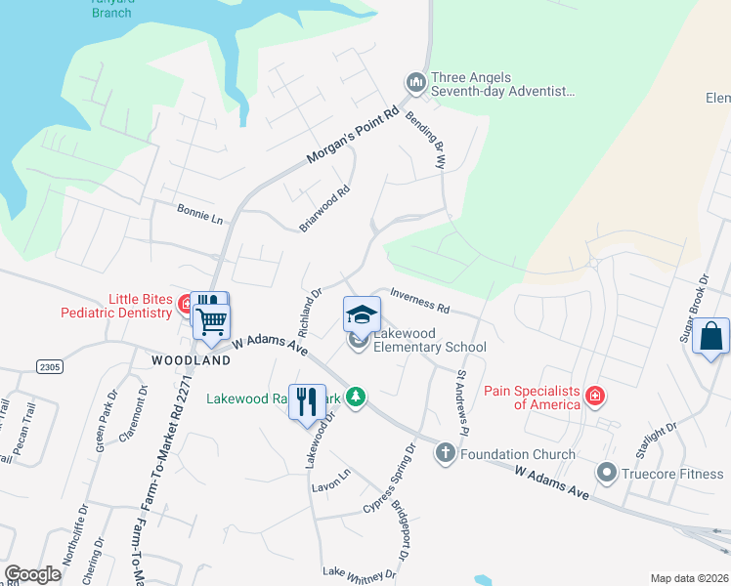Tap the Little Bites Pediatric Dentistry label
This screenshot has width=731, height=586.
[143, 306]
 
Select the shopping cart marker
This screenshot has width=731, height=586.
[212, 321]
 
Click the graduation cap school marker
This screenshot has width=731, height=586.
[361, 314]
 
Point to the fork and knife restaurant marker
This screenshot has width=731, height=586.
[308, 400]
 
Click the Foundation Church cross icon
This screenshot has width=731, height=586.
[446, 453]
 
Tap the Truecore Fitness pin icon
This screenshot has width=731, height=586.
[608, 476]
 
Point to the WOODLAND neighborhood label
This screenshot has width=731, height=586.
[192, 360]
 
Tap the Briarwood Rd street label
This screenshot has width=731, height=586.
[324, 209]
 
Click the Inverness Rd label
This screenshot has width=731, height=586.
[419, 300]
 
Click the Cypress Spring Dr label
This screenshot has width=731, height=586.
[390, 479]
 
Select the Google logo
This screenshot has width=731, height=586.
[32, 574]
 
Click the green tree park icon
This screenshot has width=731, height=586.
[357, 397]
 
